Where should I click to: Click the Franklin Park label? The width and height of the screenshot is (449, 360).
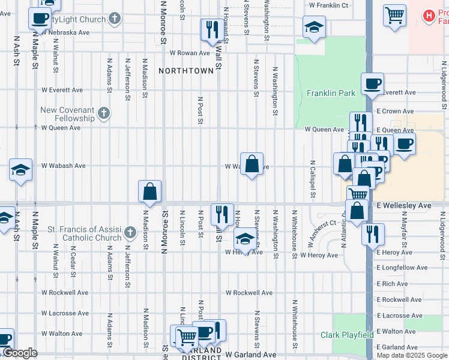331,93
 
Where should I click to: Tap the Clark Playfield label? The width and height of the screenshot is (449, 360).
347,335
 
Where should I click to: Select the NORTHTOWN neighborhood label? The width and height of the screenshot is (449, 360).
186,71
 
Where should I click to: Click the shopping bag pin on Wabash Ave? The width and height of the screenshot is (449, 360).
252,164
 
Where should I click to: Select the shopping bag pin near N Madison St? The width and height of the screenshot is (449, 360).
150,191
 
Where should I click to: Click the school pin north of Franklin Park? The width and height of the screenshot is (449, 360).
314,27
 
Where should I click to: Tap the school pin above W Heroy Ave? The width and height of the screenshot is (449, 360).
244,239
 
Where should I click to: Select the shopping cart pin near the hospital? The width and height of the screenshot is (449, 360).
394,15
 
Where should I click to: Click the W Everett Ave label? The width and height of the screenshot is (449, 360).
62,90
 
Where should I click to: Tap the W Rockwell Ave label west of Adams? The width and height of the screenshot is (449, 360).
65,293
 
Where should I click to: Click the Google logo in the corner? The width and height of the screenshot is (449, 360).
19,353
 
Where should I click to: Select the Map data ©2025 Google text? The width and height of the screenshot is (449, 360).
411,355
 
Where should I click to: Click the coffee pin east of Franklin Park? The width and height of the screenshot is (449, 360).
372,84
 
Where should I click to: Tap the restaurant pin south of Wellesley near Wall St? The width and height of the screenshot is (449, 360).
222,214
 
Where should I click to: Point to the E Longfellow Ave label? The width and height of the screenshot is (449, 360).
402,268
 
